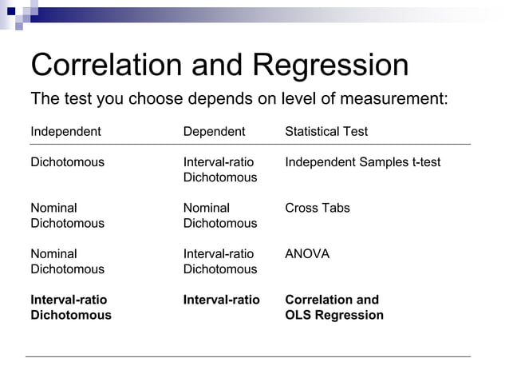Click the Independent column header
coord(65,131)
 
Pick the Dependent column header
coord(214,131)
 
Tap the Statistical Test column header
coord(326,131)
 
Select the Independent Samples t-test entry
coord(362,162)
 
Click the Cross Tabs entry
coord(318,208)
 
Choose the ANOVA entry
coord(307,254)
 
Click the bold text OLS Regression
coord(333,315)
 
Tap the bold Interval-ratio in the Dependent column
coord(221,300)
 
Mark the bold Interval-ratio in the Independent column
coord(69,300)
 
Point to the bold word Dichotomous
coord(71,315)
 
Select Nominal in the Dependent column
coord(206,208)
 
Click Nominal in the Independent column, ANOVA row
coord(53,254)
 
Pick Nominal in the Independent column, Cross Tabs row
coord(53,208)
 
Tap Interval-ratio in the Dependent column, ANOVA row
coord(219,254)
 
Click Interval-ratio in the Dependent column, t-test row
coord(219,162)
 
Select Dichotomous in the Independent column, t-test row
coord(67,162)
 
